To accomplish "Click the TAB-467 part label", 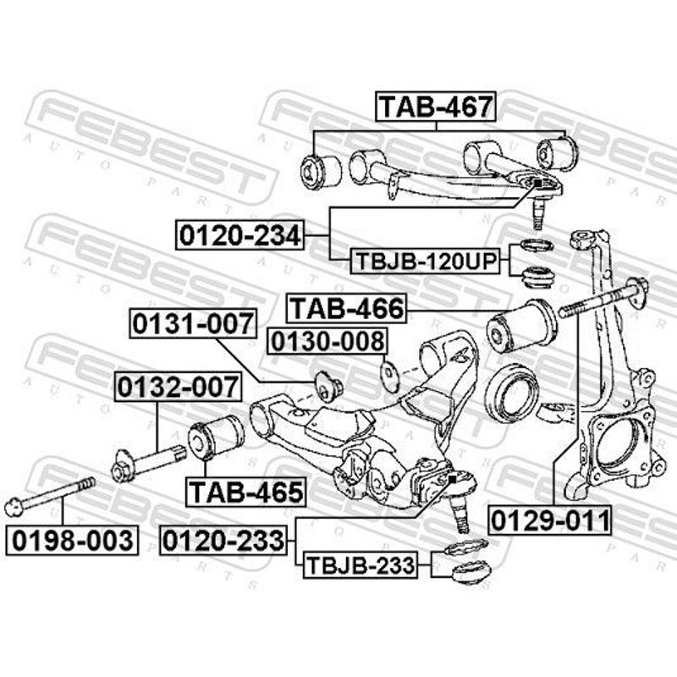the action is coord(436,107).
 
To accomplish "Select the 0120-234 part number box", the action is coord(239,235).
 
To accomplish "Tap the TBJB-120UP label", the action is coord(425,261).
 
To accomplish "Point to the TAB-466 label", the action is coord(347,308).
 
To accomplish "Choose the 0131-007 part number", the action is coord(194,323).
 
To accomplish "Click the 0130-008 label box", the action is coord(327,341).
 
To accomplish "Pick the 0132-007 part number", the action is coord(178,387).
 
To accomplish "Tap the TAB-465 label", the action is coord(245,492).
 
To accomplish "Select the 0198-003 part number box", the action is coord(72,540).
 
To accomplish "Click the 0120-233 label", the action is coord(223,540).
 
